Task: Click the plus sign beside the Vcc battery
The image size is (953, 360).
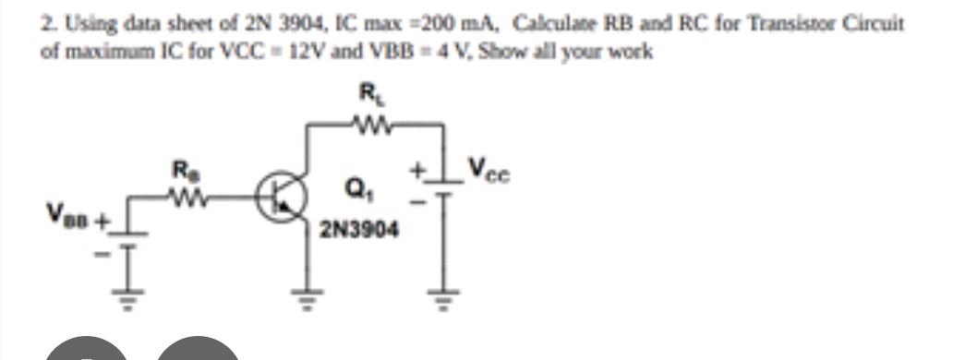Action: (x=417, y=171)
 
